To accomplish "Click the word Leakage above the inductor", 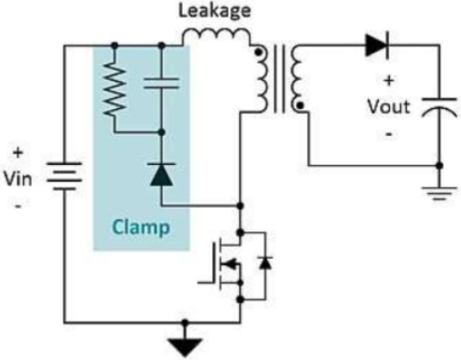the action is point(215,11).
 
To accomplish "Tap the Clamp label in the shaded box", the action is point(141,227).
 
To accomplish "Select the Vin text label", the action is point(18,179).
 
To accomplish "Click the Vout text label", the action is point(388,106).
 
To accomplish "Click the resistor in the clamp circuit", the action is point(115,90).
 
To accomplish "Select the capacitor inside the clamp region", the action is point(161,84).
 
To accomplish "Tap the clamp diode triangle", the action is point(161,175).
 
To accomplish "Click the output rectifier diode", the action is point(377,46).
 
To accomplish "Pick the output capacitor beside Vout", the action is point(440,108).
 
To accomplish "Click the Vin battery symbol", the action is point(64,176).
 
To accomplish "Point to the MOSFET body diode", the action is point(266,263).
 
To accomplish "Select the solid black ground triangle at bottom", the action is point(185,347).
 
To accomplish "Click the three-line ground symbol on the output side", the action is point(439,193).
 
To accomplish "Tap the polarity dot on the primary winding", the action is point(258,52).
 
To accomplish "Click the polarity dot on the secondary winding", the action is point(299,105).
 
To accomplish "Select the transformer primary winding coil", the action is point(262,79).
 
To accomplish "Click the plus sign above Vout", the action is point(388,80).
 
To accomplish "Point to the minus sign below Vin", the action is point(18,206).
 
